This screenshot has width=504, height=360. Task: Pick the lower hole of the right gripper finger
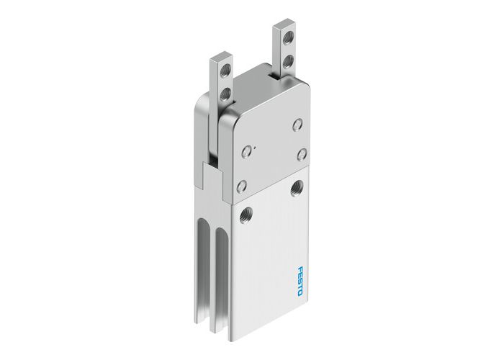(288, 61)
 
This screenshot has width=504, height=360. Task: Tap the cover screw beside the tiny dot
(248, 150)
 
